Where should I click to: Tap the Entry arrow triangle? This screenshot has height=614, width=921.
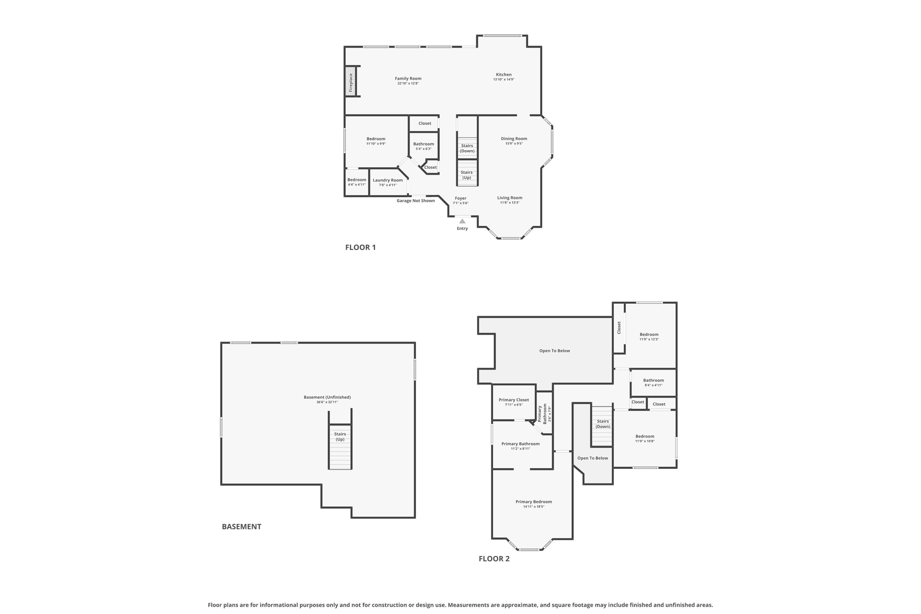[462, 221]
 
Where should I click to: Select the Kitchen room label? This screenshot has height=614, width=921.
[504, 75]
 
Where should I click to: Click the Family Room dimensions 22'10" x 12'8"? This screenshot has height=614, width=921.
[408, 84]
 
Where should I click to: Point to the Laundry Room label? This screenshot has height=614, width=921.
[388, 180]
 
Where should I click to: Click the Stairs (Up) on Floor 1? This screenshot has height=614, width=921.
[467, 175]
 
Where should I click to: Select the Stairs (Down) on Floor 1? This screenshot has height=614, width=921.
[467, 148]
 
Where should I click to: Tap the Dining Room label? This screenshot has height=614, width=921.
[514, 139]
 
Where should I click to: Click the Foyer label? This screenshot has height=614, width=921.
[460, 198]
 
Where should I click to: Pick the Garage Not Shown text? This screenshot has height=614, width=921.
[416, 201]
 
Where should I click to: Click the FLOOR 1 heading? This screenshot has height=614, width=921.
[360, 247]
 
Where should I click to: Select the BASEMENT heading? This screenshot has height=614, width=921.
[241, 527]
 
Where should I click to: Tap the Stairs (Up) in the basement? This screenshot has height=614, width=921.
[340, 437]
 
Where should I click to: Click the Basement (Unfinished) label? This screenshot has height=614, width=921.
[327, 397]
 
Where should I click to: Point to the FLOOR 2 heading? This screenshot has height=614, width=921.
[494, 559]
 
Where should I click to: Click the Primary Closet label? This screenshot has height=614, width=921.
[514, 400]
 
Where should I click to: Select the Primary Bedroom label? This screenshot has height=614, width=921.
[533, 502]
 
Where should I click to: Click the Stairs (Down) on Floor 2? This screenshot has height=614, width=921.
[603, 424]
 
